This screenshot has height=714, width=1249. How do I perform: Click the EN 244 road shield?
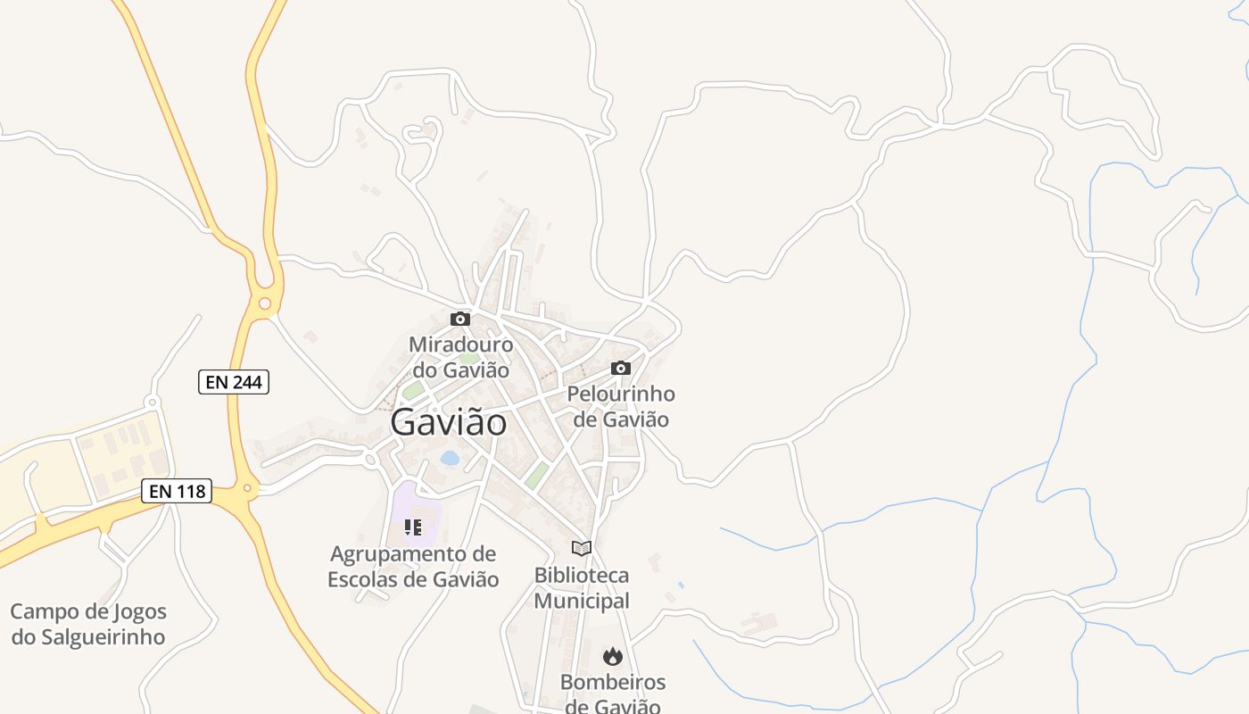[233, 382]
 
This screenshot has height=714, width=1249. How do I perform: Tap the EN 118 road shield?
[176, 491]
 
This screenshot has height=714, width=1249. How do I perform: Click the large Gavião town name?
[449, 422]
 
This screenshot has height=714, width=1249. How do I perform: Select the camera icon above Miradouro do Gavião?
[460, 319]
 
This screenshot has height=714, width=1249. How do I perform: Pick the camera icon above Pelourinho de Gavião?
[621, 368]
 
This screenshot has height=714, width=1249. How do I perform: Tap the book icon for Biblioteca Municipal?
[582, 548]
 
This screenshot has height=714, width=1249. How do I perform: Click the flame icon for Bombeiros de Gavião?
[612, 657]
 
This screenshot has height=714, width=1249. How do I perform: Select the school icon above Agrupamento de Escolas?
[413, 527]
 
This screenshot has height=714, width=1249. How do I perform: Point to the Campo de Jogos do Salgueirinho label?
[88, 625]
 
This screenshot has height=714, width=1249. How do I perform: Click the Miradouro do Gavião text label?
[460, 357]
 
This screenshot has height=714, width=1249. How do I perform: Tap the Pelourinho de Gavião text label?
[621, 406]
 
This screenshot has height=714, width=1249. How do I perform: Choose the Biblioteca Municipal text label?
[582, 588]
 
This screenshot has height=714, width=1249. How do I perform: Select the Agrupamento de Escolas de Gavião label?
[413, 567]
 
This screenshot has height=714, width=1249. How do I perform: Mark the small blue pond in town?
[450, 458]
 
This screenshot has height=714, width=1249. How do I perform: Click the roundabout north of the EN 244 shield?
[264, 303]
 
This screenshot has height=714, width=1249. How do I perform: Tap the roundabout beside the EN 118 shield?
[247, 488]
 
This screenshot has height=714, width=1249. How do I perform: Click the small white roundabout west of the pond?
[370, 461]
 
